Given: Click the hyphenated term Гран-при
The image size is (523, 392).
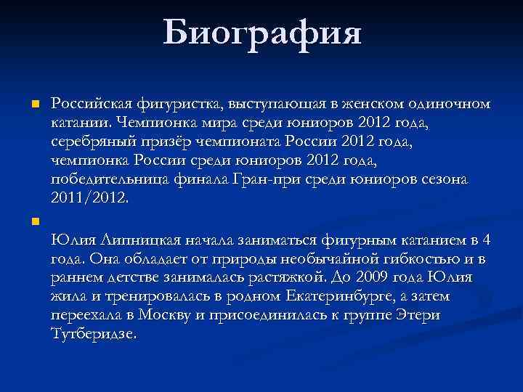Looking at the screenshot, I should click(x=275, y=179).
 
